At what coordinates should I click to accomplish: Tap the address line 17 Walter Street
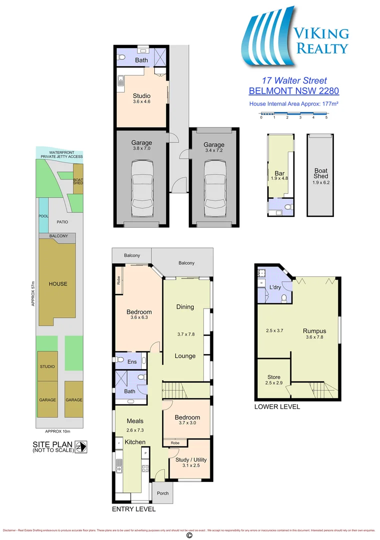pyautogui.click(x=294, y=80)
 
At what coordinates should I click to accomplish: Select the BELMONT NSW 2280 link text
pyautogui.click(x=294, y=91)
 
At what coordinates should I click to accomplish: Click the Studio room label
pyautogui.click(x=141, y=95)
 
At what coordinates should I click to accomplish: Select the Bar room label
pyautogui.click(x=279, y=173)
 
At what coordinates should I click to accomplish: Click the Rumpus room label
pyautogui.click(x=314, y=330)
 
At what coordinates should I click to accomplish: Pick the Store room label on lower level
pyautogui.click(x=273, y=377)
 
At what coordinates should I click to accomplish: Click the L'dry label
pyautogui.click(x=275, y=287)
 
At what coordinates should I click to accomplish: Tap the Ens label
pyautogui.click(x=133, y=361)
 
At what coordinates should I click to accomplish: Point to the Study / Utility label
pyautogui.click(x=191, y=459)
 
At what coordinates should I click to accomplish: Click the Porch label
pyautogui.click(x=163, y=493)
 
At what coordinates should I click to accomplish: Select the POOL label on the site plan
pyautogui.click(x=44, y=216)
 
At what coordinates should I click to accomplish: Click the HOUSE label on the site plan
pyautogui.click(x=58, y=284)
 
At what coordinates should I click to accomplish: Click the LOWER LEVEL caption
pyautogui.click(x=277, y=406)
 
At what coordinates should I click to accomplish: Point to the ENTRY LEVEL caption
pyautogui.click(x=134, y=509)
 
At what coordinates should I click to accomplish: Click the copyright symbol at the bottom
pyautogui.click(x=189, y=535)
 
